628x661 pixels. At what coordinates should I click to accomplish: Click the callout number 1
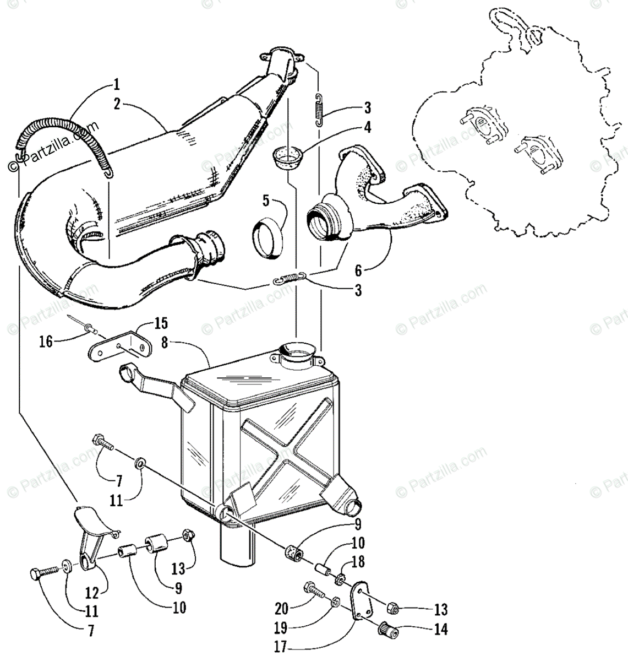coord(116,85)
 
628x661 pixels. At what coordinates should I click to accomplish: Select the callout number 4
coord(367,127)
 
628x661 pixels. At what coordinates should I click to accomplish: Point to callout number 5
coord(266,201)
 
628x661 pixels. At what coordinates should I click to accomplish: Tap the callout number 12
coord(92,592)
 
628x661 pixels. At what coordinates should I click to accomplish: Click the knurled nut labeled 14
coord(383,627)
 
